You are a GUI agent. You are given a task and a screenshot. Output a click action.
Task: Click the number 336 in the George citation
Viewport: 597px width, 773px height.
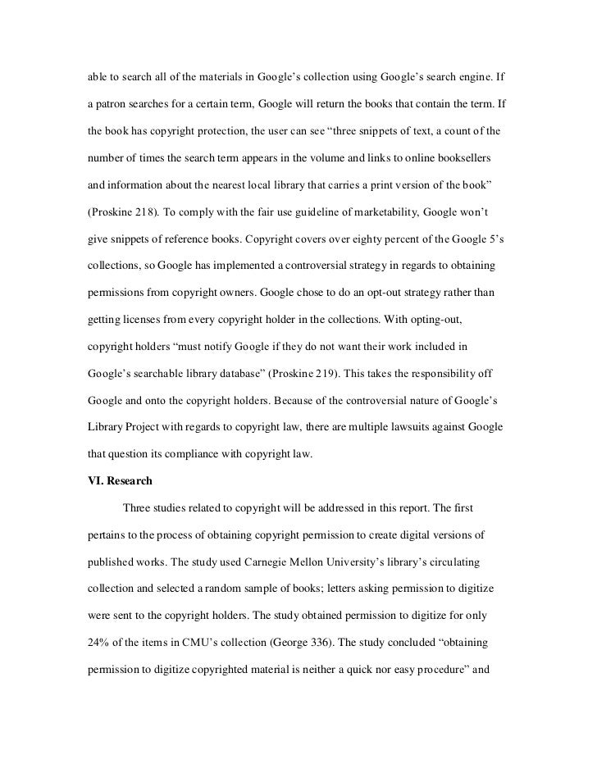point(349,634)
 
